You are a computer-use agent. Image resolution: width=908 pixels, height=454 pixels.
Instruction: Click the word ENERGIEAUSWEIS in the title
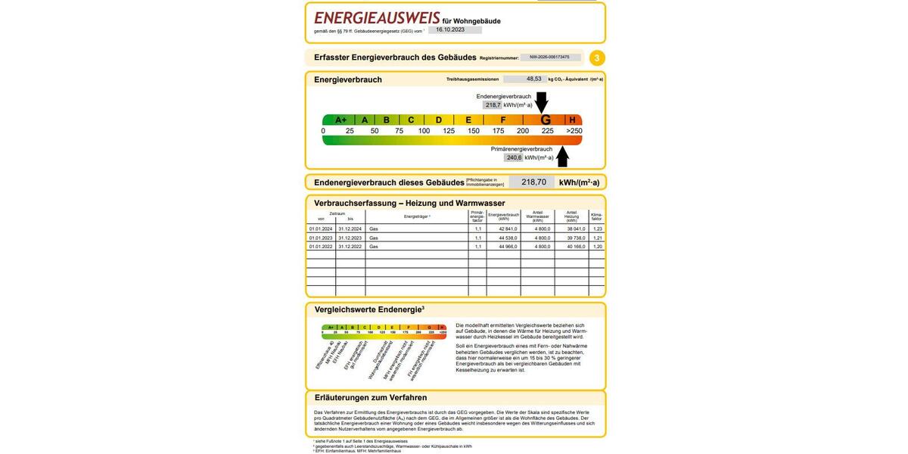(x=377, y=18)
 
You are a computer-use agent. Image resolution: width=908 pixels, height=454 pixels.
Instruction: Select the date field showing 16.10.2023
(x=455, y=30)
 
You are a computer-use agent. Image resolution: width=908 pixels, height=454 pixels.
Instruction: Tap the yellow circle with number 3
(x=597, y=58)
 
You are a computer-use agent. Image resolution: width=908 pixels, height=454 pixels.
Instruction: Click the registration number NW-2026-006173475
(x=550, y=58)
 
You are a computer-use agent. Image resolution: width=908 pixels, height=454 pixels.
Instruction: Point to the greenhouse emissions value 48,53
(x=533, y=79)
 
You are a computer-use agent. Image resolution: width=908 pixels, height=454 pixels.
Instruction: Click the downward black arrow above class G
(x=541, y=102)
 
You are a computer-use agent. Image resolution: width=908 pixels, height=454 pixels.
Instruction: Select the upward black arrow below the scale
(x=562, y=157)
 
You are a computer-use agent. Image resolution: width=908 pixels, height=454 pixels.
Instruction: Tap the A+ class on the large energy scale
(x=340, y=120)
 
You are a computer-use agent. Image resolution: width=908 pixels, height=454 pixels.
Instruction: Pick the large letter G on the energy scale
(x=545, y=120)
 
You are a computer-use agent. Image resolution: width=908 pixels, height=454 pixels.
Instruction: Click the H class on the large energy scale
(x=573, y=120)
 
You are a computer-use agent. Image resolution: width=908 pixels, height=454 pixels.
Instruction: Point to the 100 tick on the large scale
(x=424, y=131)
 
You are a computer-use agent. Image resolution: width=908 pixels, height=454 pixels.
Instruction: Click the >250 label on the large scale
(x=574, y=131)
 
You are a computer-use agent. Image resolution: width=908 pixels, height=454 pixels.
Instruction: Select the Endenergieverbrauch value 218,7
(x=493, y=105)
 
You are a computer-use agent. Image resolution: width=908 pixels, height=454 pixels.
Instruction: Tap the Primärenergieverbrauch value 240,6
(x=514, y=157)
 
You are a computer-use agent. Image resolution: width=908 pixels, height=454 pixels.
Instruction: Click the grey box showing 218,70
(x=533, y=182)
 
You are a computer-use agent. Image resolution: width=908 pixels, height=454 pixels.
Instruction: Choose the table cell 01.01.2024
(x=321, y=229)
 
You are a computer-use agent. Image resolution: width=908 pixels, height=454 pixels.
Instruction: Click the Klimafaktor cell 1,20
(x=597, y=247)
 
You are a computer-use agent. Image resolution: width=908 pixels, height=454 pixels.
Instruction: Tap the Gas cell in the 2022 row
(x=374, y=247)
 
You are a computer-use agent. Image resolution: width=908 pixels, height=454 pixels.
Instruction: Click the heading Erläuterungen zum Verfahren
(x=371, y=398)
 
